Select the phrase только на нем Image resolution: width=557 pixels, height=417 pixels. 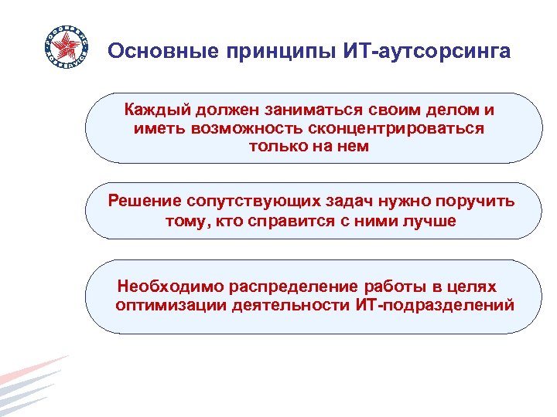309,146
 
